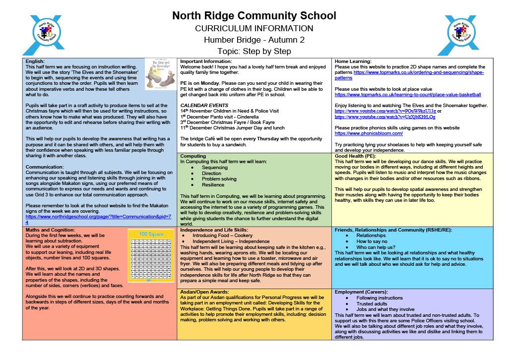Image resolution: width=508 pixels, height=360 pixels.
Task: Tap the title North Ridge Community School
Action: click(x=254, y=16)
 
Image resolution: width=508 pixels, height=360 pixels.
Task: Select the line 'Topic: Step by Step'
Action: click(x=254, y=51)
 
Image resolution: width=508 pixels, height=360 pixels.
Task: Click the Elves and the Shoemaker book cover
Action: click(x=160, y=74)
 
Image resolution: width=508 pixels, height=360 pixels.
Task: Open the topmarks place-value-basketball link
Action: click(x=408, y=94)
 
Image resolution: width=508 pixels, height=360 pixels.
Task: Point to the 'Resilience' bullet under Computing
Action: click(x=213, y=185)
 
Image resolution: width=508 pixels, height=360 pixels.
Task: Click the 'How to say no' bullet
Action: click(x=373, y=241)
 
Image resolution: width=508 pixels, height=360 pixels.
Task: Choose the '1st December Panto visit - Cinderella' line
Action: click(x=219, y=117)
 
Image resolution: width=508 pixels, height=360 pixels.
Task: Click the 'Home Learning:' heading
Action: click(x=353, y=61)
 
